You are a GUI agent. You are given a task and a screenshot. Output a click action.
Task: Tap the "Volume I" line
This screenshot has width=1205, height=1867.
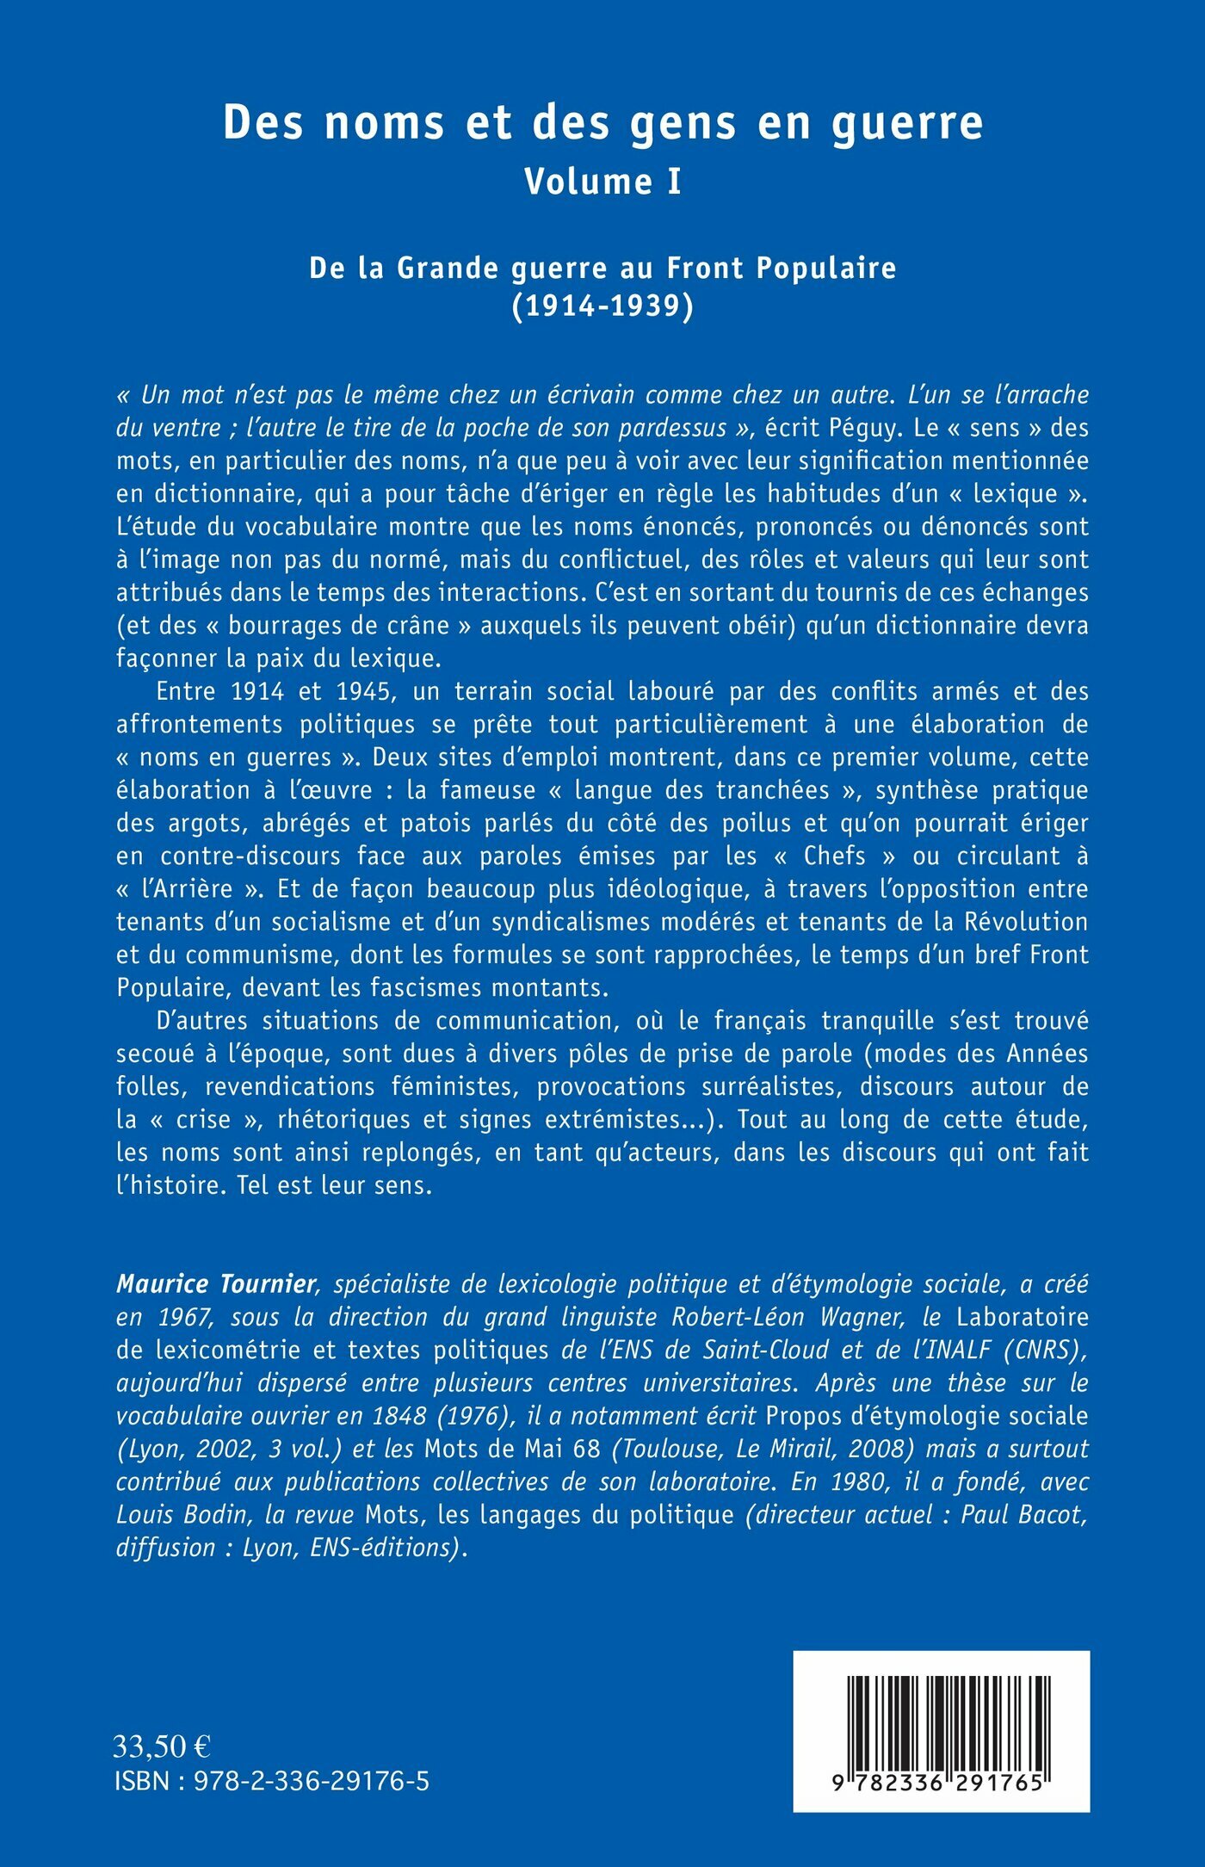pos(602,182)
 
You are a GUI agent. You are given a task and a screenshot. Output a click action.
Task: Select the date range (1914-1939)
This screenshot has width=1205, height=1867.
pos(602,306)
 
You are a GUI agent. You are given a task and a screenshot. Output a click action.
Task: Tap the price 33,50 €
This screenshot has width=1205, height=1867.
pos(162,1746)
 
